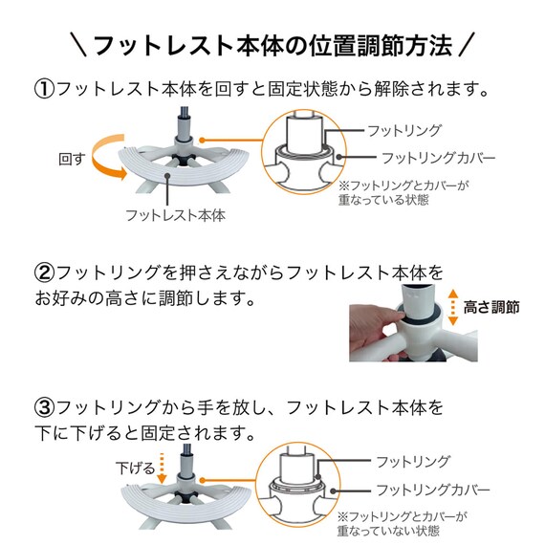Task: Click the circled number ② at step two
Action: [45, 272]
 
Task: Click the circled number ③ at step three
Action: [45, 408]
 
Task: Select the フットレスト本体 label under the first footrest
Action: [175, 215]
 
